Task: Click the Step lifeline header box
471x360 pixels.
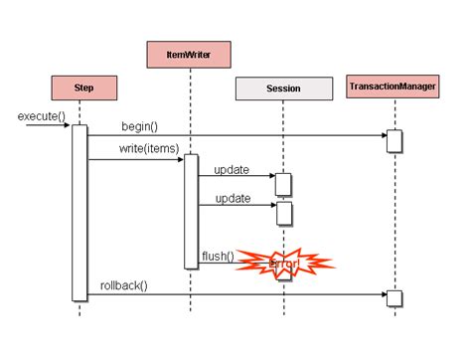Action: pos(84,89)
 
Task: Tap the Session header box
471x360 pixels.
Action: pos(283,89)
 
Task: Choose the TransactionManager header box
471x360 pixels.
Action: pos(393,88)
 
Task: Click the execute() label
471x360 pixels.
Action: pos(41,116)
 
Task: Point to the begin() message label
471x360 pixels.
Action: pos(139,126)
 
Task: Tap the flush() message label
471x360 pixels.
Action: pos(218,257)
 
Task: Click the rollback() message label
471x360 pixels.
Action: pos(123,286)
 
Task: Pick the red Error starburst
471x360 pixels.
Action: pos(285,264)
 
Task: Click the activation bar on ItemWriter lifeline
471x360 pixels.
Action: pos(191,211)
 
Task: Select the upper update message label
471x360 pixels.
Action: pos(231,169)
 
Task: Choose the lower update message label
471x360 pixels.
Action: pos(231,199)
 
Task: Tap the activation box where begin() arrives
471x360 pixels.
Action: pos(393,140)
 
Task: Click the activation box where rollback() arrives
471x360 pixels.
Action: pos(393,298)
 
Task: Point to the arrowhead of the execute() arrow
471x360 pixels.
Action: pos(67,126)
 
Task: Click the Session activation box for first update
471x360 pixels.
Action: pos(283,184)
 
